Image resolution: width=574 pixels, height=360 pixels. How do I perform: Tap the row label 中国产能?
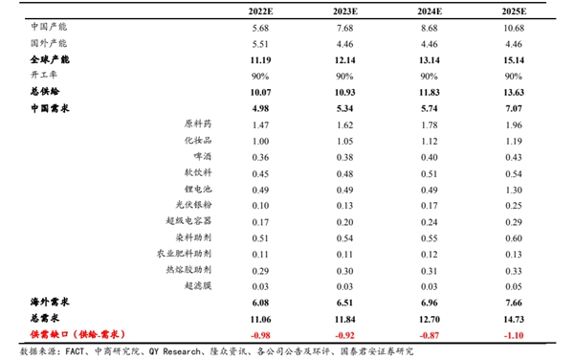[49, 27]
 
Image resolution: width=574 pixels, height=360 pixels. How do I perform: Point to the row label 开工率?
[44, 76]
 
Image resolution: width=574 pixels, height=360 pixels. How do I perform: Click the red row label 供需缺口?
[73, 333]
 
